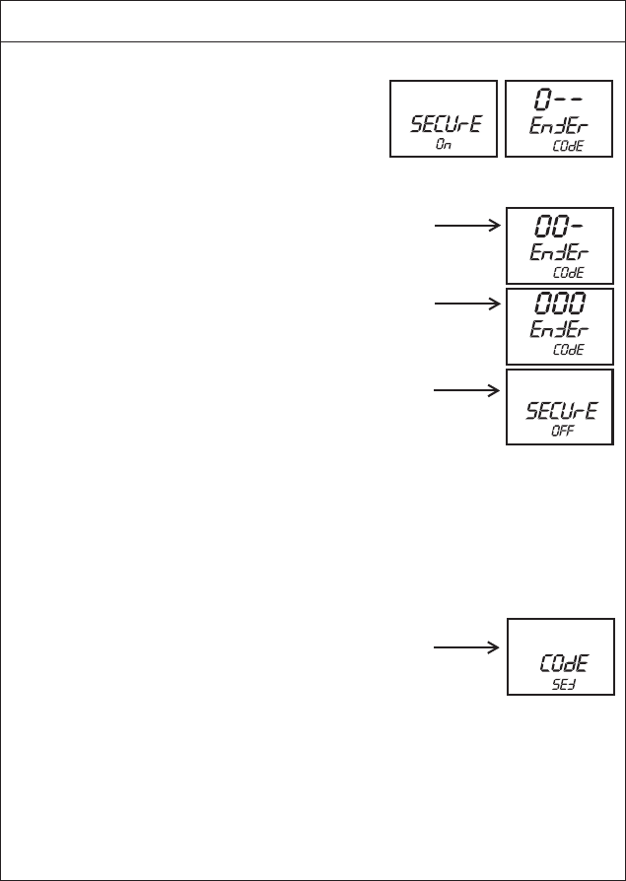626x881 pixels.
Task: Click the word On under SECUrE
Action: [444, 144]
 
